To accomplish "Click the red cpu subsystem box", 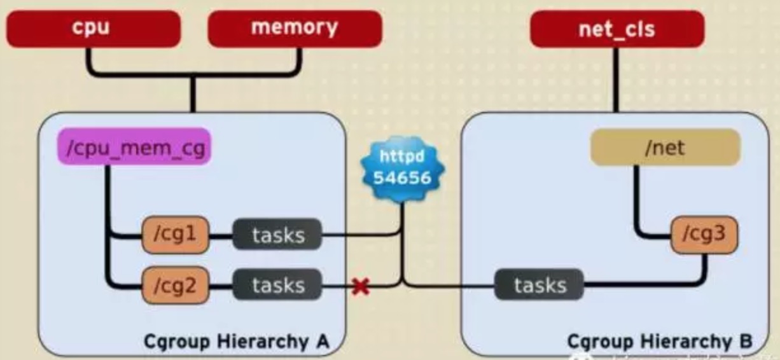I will [x=93, y=29].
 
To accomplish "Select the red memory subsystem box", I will [x=295, y=29].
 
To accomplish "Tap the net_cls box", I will [x=616, y=29].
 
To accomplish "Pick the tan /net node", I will [x=665, y=148].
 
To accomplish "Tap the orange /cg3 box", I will [x=704, y=234].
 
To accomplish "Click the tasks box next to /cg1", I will [x=277, y=235].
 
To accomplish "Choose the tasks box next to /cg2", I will [x=277, y=286].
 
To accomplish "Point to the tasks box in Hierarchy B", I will [x=540, y=285].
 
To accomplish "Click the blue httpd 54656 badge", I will [x=402, y=167].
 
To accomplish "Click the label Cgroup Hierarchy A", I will [x=236, y=342].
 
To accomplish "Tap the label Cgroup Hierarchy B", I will [x=659, y=342].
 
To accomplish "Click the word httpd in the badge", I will [x=402, y=156].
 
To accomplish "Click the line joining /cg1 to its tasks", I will [x=221, y=236].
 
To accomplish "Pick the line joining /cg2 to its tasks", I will [x=221, y=286].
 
